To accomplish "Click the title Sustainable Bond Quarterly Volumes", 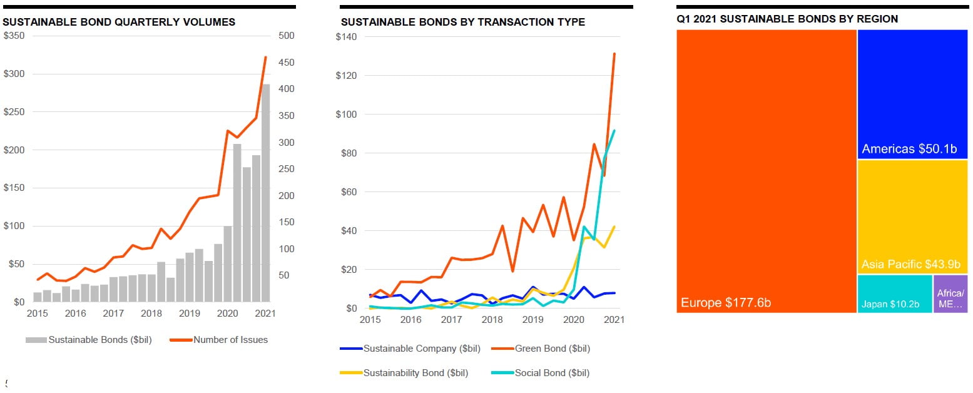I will pos(119,22).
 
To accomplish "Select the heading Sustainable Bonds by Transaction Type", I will pos(462,22).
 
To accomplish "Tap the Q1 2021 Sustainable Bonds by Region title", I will pos(787,19).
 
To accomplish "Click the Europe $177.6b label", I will pos(725,303).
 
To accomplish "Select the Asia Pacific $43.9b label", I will pos(910,264).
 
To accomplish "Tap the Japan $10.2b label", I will pos(890,305).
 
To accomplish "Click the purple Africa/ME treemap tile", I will pos(950,293).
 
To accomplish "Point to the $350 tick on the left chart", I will pos(14,36).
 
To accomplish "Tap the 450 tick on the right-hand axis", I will pos(287,63).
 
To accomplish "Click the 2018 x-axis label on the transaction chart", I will pos(492,320).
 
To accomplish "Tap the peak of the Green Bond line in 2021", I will pos(614,54).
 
